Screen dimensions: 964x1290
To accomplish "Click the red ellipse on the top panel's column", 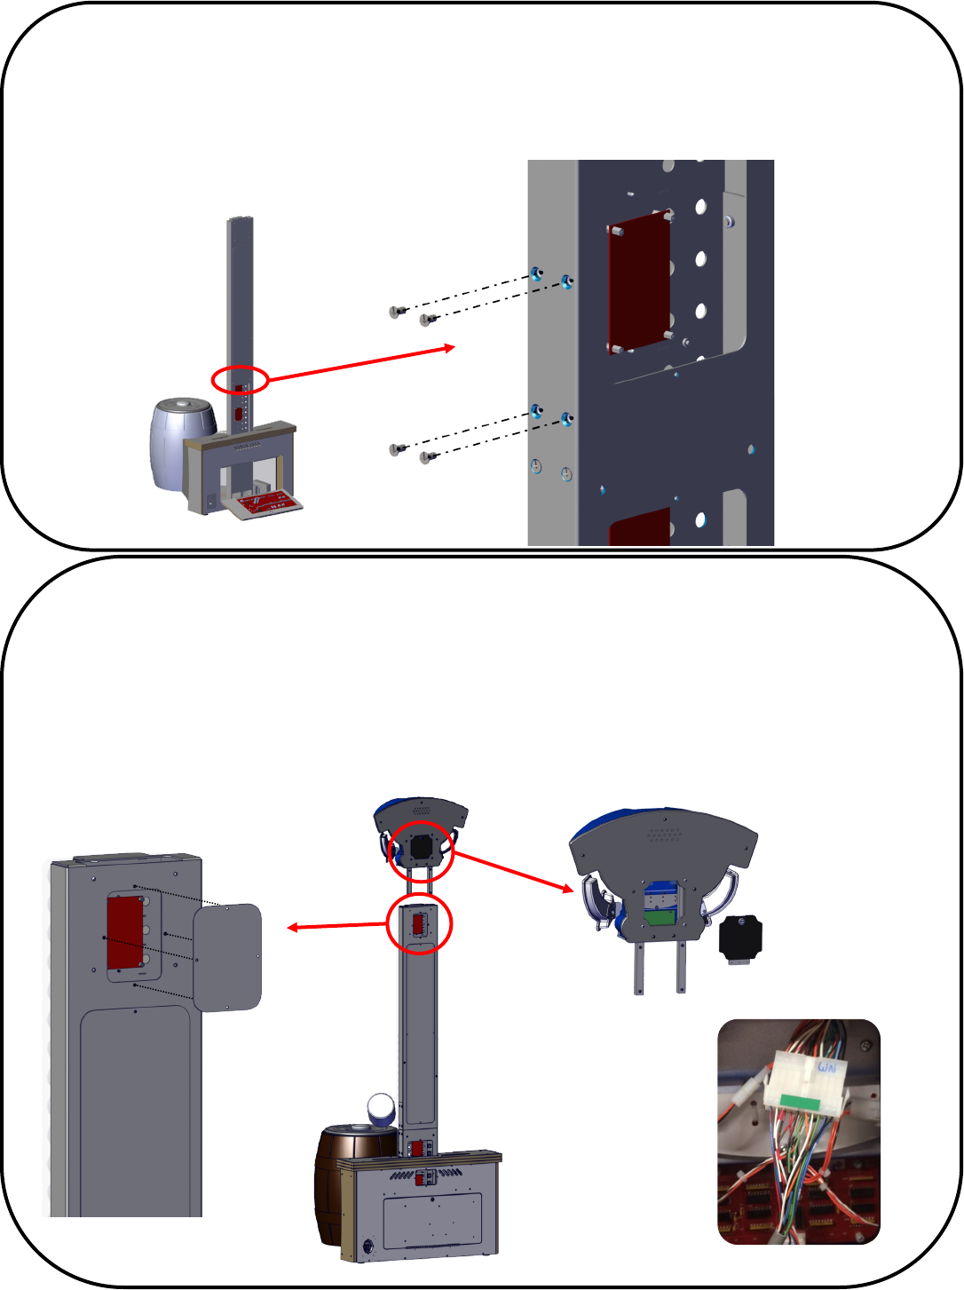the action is [240, 380].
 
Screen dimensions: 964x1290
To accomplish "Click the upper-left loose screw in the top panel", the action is [396, 311].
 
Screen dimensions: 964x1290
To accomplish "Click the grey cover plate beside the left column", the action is [227, 957].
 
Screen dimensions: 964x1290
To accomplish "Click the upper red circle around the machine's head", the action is [422, 851].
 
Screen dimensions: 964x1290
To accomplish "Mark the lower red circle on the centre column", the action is [420, 925].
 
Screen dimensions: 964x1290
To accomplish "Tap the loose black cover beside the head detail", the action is [739, 939].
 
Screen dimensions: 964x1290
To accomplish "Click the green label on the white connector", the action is [802, 1102].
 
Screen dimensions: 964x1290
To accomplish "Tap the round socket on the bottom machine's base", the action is [367, 1245].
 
